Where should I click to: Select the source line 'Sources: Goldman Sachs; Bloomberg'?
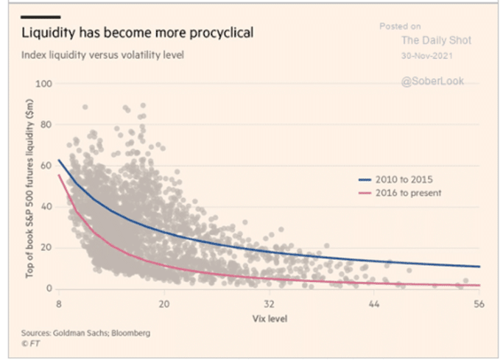[85, 333]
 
